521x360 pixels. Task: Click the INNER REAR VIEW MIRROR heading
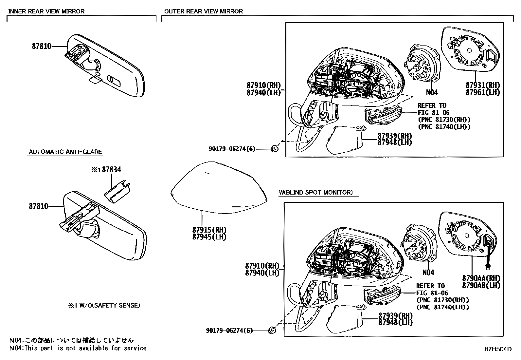(46, 11)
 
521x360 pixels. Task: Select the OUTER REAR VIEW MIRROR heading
(203, 11)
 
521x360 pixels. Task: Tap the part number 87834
(111, 169)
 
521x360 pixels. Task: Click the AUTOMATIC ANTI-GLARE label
(65, 152)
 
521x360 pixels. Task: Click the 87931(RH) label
(483, 85)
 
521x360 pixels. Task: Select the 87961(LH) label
(483, 92)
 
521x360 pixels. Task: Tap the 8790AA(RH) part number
(481, 278)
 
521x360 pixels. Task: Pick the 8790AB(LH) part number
(481, 285)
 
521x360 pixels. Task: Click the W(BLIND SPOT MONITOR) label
(315, 192)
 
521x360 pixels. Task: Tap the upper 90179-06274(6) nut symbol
(275, 149)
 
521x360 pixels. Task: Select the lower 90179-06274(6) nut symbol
(272, 331)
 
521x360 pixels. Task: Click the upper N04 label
(432, 93)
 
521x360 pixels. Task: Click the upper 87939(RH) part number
(395, 136)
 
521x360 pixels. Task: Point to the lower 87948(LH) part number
(395, 323)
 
